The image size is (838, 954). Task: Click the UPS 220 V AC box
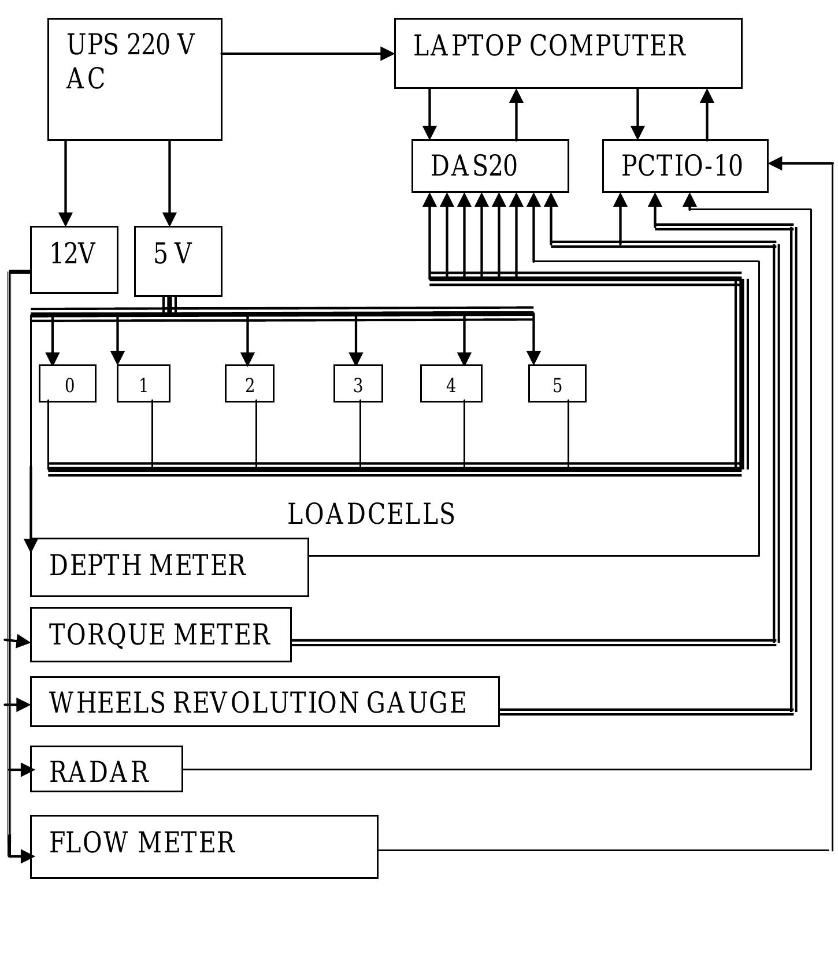point(134,79)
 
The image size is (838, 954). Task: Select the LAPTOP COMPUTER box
point(568,53)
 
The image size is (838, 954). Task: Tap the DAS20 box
point(490,166)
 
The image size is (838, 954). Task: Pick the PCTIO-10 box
point(685,166)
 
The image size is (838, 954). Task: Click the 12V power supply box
point(74,259)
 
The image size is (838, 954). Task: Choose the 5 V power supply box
point(178,261)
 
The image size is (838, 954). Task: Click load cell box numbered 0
point(68,383)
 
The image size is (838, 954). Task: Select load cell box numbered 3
point(358,383)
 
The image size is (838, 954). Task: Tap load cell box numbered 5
point(557,383)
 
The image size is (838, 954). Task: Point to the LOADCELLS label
point(371,514)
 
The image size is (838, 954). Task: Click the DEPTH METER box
point(169,567)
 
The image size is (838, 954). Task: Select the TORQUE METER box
point(160,634)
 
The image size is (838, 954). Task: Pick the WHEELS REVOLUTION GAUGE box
point(264,702)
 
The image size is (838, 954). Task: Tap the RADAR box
point(106,769)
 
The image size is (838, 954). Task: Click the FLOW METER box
point(203,847)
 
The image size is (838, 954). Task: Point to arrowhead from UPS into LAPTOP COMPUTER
point(388,54)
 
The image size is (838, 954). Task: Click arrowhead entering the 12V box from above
point(65,219)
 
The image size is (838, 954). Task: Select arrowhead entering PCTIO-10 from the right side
point(776,163)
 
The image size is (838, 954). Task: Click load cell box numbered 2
point(249,383)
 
